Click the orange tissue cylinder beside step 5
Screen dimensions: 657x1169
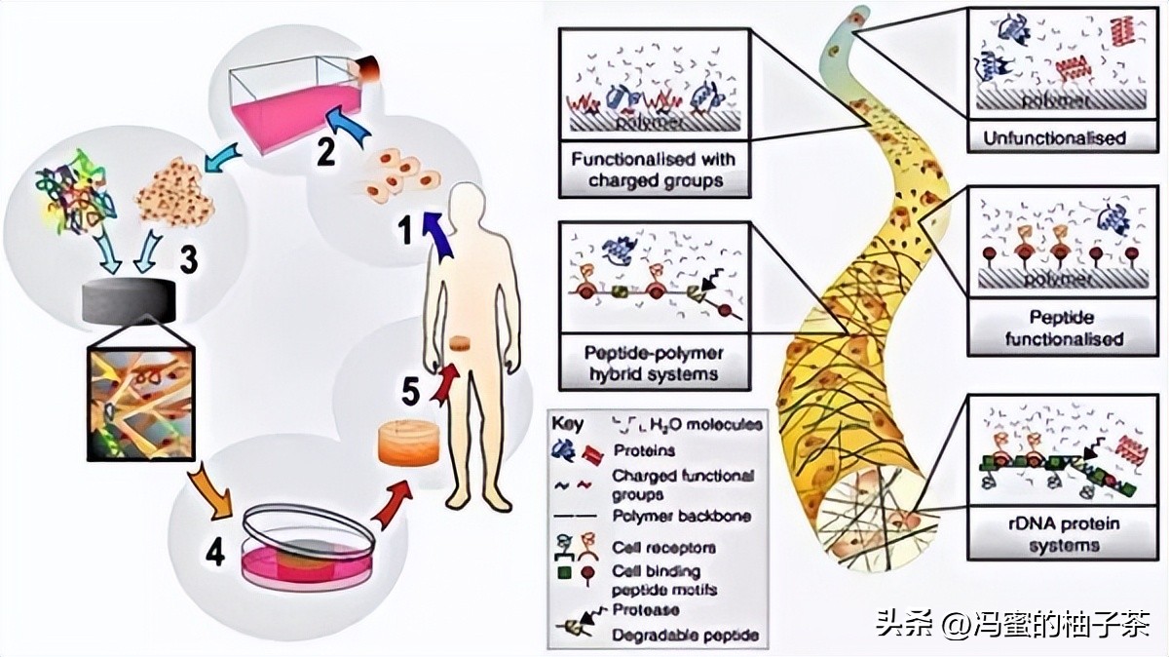(x=407, y=444)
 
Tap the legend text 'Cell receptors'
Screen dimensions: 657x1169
(x=662, y=547)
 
